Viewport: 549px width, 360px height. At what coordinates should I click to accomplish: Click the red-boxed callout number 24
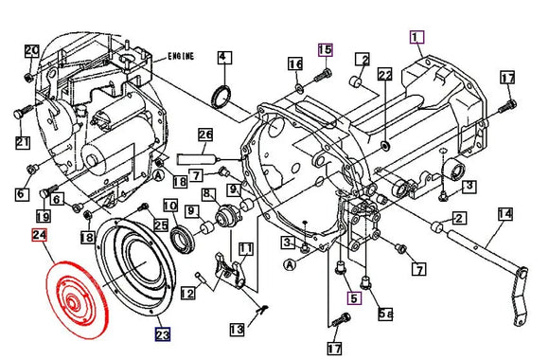[x=40, y=236]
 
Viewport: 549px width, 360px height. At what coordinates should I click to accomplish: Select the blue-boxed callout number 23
[x=163, y=333]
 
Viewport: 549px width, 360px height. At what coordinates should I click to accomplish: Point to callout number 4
[x=222, y=58]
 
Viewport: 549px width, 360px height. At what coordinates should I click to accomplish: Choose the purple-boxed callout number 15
[x=326, y=48]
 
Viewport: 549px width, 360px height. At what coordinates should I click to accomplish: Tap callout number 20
[x=31, y=51]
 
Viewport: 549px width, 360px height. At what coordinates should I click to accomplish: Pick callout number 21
[x=23, y=142]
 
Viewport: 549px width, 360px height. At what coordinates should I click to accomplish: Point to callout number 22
[x=384, y=74]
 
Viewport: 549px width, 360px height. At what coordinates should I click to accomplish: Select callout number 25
[x=161, y=225]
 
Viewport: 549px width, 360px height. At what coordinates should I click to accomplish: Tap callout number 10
[x=169, y=206]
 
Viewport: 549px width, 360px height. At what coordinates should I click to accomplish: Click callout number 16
[x=295, y=63]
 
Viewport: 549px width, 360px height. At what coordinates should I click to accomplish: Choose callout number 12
[x=188, y=294]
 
